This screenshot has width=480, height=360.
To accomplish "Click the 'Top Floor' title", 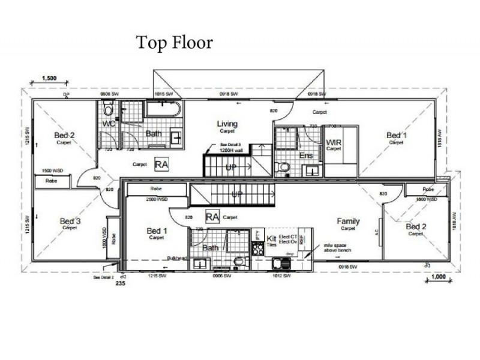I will click(175, 43).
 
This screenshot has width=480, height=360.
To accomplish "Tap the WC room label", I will click(109, 124).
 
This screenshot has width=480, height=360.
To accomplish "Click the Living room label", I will click(227, 124).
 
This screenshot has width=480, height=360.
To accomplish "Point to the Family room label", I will click(348, 221).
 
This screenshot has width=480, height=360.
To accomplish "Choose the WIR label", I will click(334, 142).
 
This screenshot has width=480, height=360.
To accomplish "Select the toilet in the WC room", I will click(108, 109).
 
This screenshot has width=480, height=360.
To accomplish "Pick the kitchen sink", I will click(278, 262).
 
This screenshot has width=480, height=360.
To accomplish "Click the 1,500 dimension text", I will click(50, 78).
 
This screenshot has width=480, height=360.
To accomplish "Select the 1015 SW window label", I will click(163, 95).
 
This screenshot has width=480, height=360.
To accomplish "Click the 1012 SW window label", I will click(281, 275).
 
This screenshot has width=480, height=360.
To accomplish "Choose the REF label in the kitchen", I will click(302, 238).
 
